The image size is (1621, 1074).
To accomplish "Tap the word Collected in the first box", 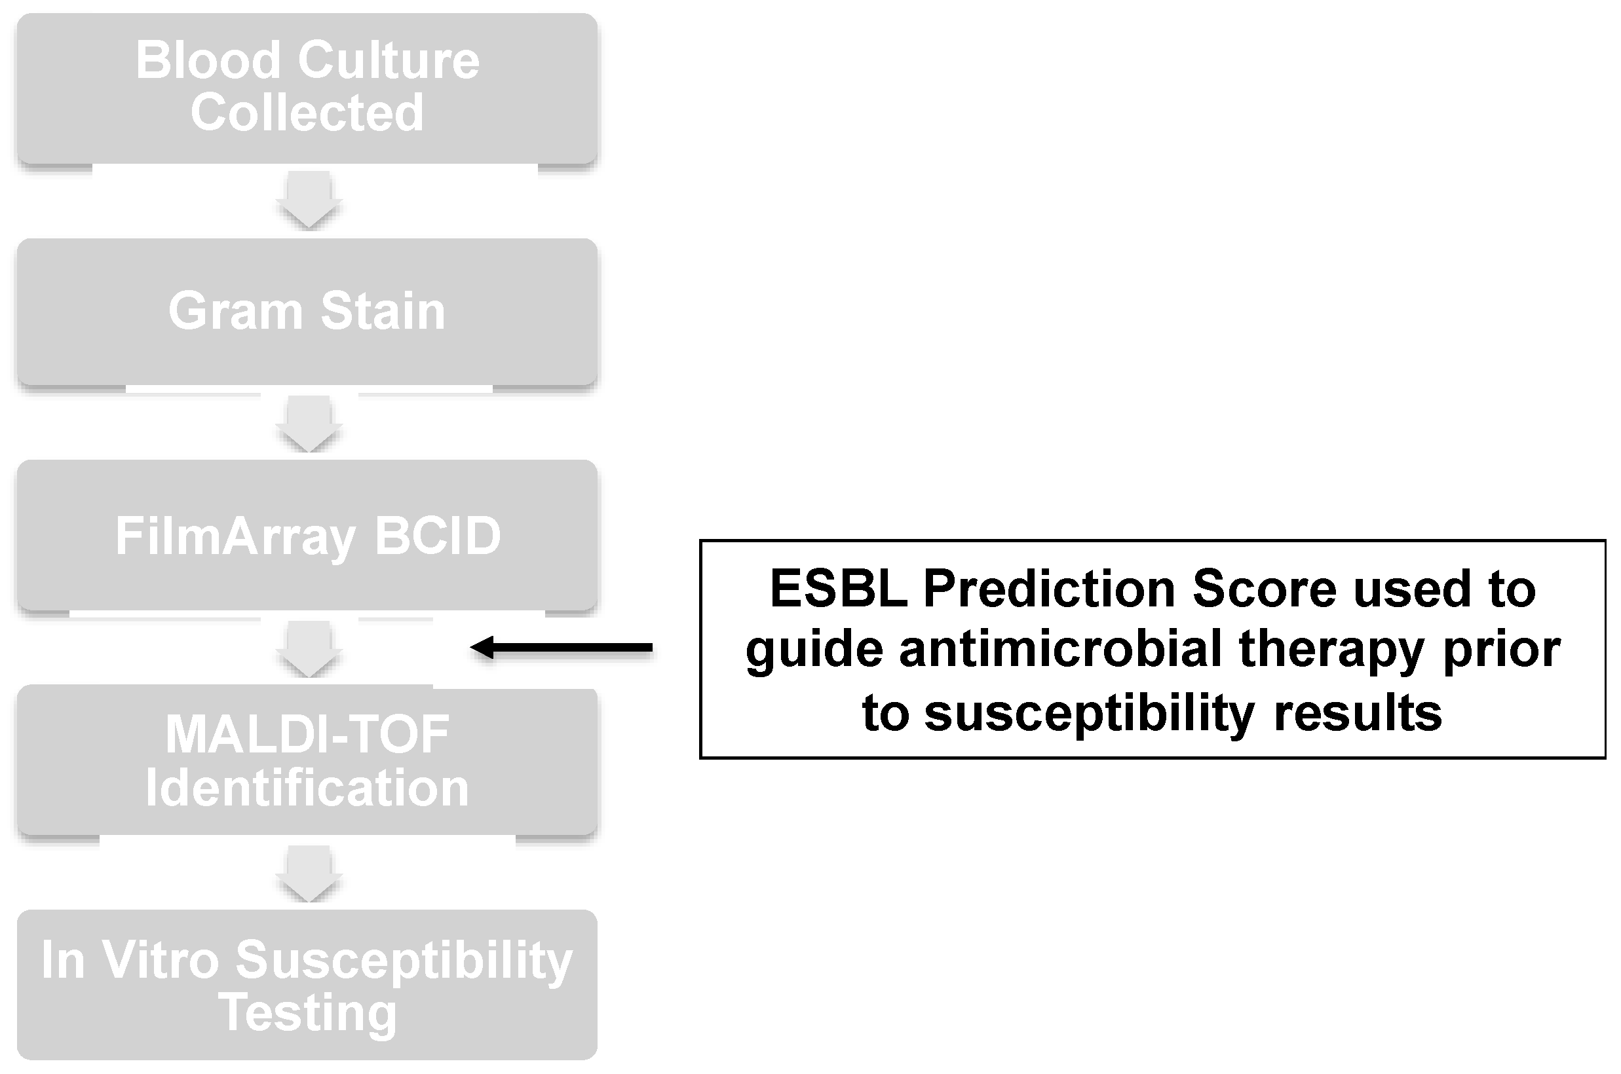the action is point(307,113).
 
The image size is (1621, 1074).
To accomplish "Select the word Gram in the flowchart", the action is point(235,310).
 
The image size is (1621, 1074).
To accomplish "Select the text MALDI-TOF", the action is point(307,734).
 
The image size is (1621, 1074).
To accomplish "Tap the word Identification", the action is point(307,788).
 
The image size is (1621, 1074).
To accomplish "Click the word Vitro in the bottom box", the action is point(161,959).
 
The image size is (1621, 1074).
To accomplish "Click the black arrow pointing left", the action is point(562,647).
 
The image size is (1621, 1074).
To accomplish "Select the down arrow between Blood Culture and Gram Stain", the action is point(309,199).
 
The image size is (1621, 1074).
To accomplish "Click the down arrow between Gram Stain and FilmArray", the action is point(309,424).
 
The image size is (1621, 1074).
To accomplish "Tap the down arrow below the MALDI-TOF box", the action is point(309,874).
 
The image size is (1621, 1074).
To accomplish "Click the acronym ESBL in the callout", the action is point(839,588).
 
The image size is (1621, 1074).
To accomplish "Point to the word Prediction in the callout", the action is point(1050,588).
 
